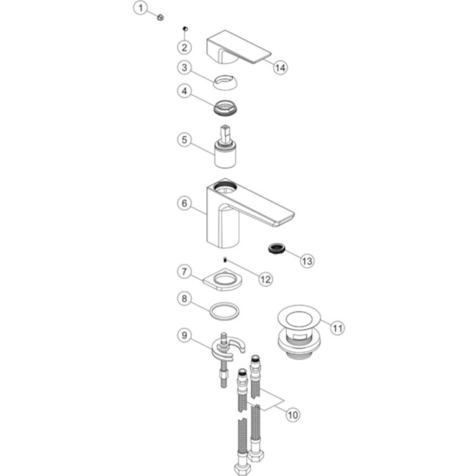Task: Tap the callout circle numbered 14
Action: pyautogui.click(x=280, y=66)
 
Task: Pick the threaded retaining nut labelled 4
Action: pyautogui.click(x=228, y=106)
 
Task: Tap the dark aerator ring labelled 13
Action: pyautogui.click(x=275, y=248)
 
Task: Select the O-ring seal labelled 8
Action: pyautogui.click(x=224, y=312)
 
